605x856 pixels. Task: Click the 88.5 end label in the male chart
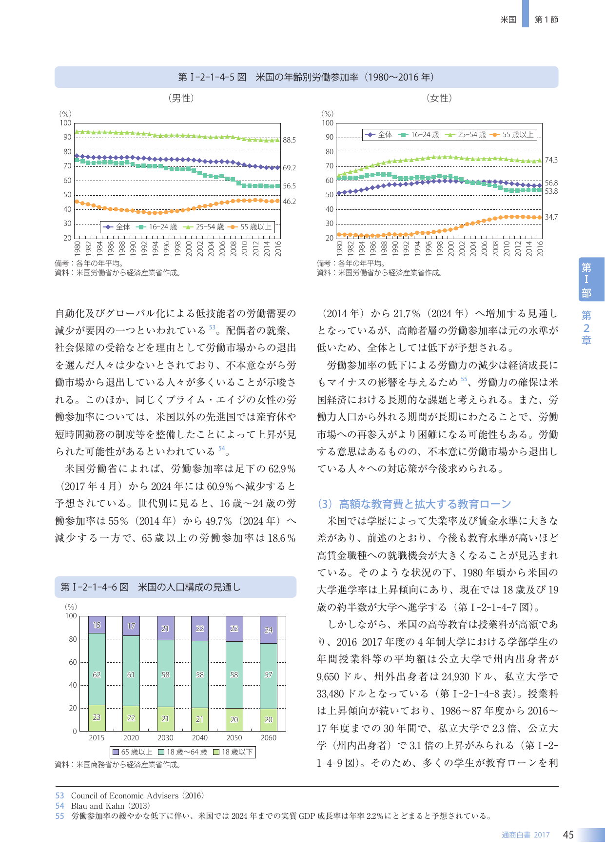(x=289, y=140)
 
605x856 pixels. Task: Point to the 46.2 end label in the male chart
(x=289, y=201)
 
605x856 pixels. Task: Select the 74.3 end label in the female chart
(x=551, y=160)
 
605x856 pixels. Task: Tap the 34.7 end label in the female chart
(x=551, y=217)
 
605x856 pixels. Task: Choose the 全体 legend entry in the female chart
(x=378, y=135)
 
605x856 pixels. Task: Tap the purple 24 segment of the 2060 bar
(x=269, y=630)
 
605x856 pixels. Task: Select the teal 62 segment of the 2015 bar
(x=97, y=669)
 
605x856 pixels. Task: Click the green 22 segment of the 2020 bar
(x=131, y=718)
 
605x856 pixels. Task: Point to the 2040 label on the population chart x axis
(x=200, y=738)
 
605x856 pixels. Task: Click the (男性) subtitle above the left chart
(x=181, y=98)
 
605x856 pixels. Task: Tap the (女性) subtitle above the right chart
(x=439, y=98)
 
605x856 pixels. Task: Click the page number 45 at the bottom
(x=568, y=835)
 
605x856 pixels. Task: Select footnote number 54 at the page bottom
(x=59, y=806)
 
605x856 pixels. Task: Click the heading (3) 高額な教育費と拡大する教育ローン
(x=414, y=504)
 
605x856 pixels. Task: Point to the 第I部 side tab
(x=586, y=280)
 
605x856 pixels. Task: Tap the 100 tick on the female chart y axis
(x=328, y=123)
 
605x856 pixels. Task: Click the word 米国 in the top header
(x=508, y=20)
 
